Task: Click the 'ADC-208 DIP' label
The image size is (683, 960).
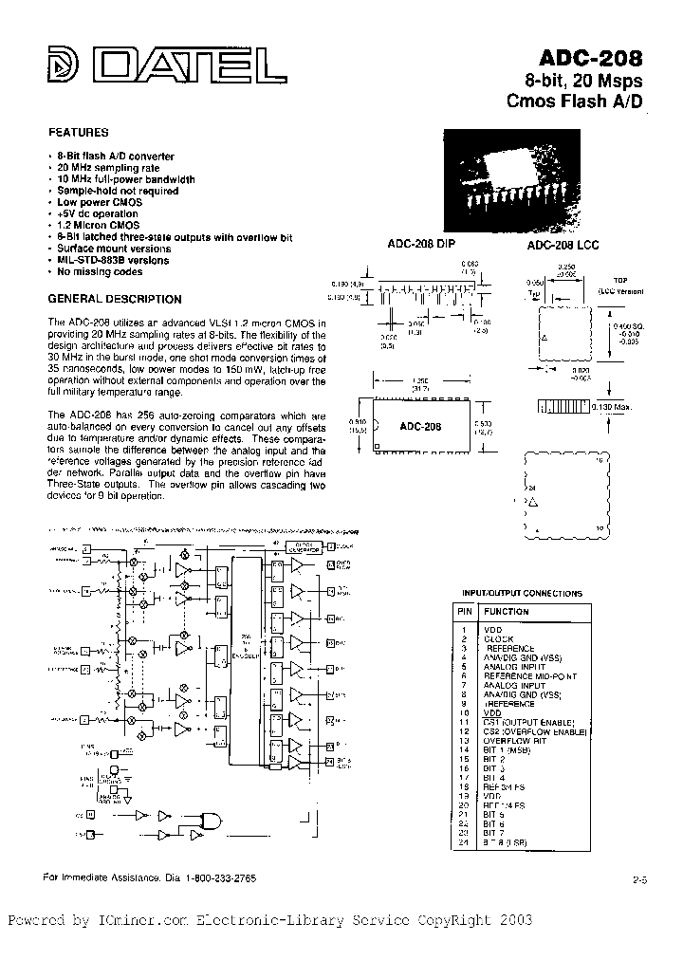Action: pyautogui.click(x=421, y=244)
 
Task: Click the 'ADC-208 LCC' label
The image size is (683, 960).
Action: pyautogui.click(x=563, y=245)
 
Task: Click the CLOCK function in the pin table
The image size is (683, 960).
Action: pyautogui.click(x=499, y=639)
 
